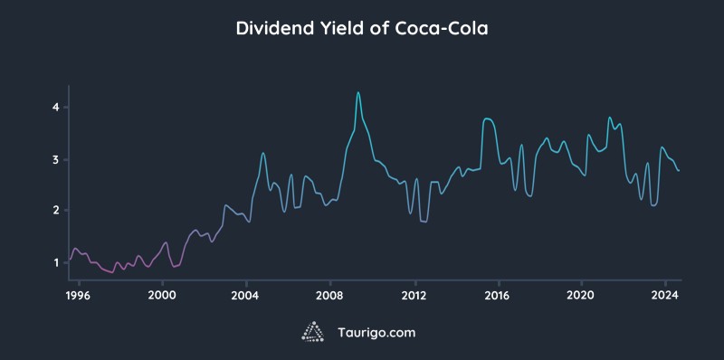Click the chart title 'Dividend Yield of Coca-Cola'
tap(362, 28)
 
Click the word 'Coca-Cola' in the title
tap(441, 28)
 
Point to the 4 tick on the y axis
tap(55, 107)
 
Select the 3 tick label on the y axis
tap(55, 159)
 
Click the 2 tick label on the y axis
tap(55, 211)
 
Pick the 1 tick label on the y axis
tap(55, 262)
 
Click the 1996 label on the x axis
tap(79, 294)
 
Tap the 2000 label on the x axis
tap(162, 294)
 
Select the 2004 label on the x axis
tap(246, 294)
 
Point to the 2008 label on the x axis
tap(330, 294)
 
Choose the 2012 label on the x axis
tap(414, 294)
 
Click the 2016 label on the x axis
tap(498, 294)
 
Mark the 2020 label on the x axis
tap(581, 294)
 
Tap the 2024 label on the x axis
tap(665, 294)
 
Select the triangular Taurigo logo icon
tap(313, 332)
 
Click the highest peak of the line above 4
tap(358, 92)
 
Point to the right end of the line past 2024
tap(679, 171)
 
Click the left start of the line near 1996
tap(70, 260)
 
